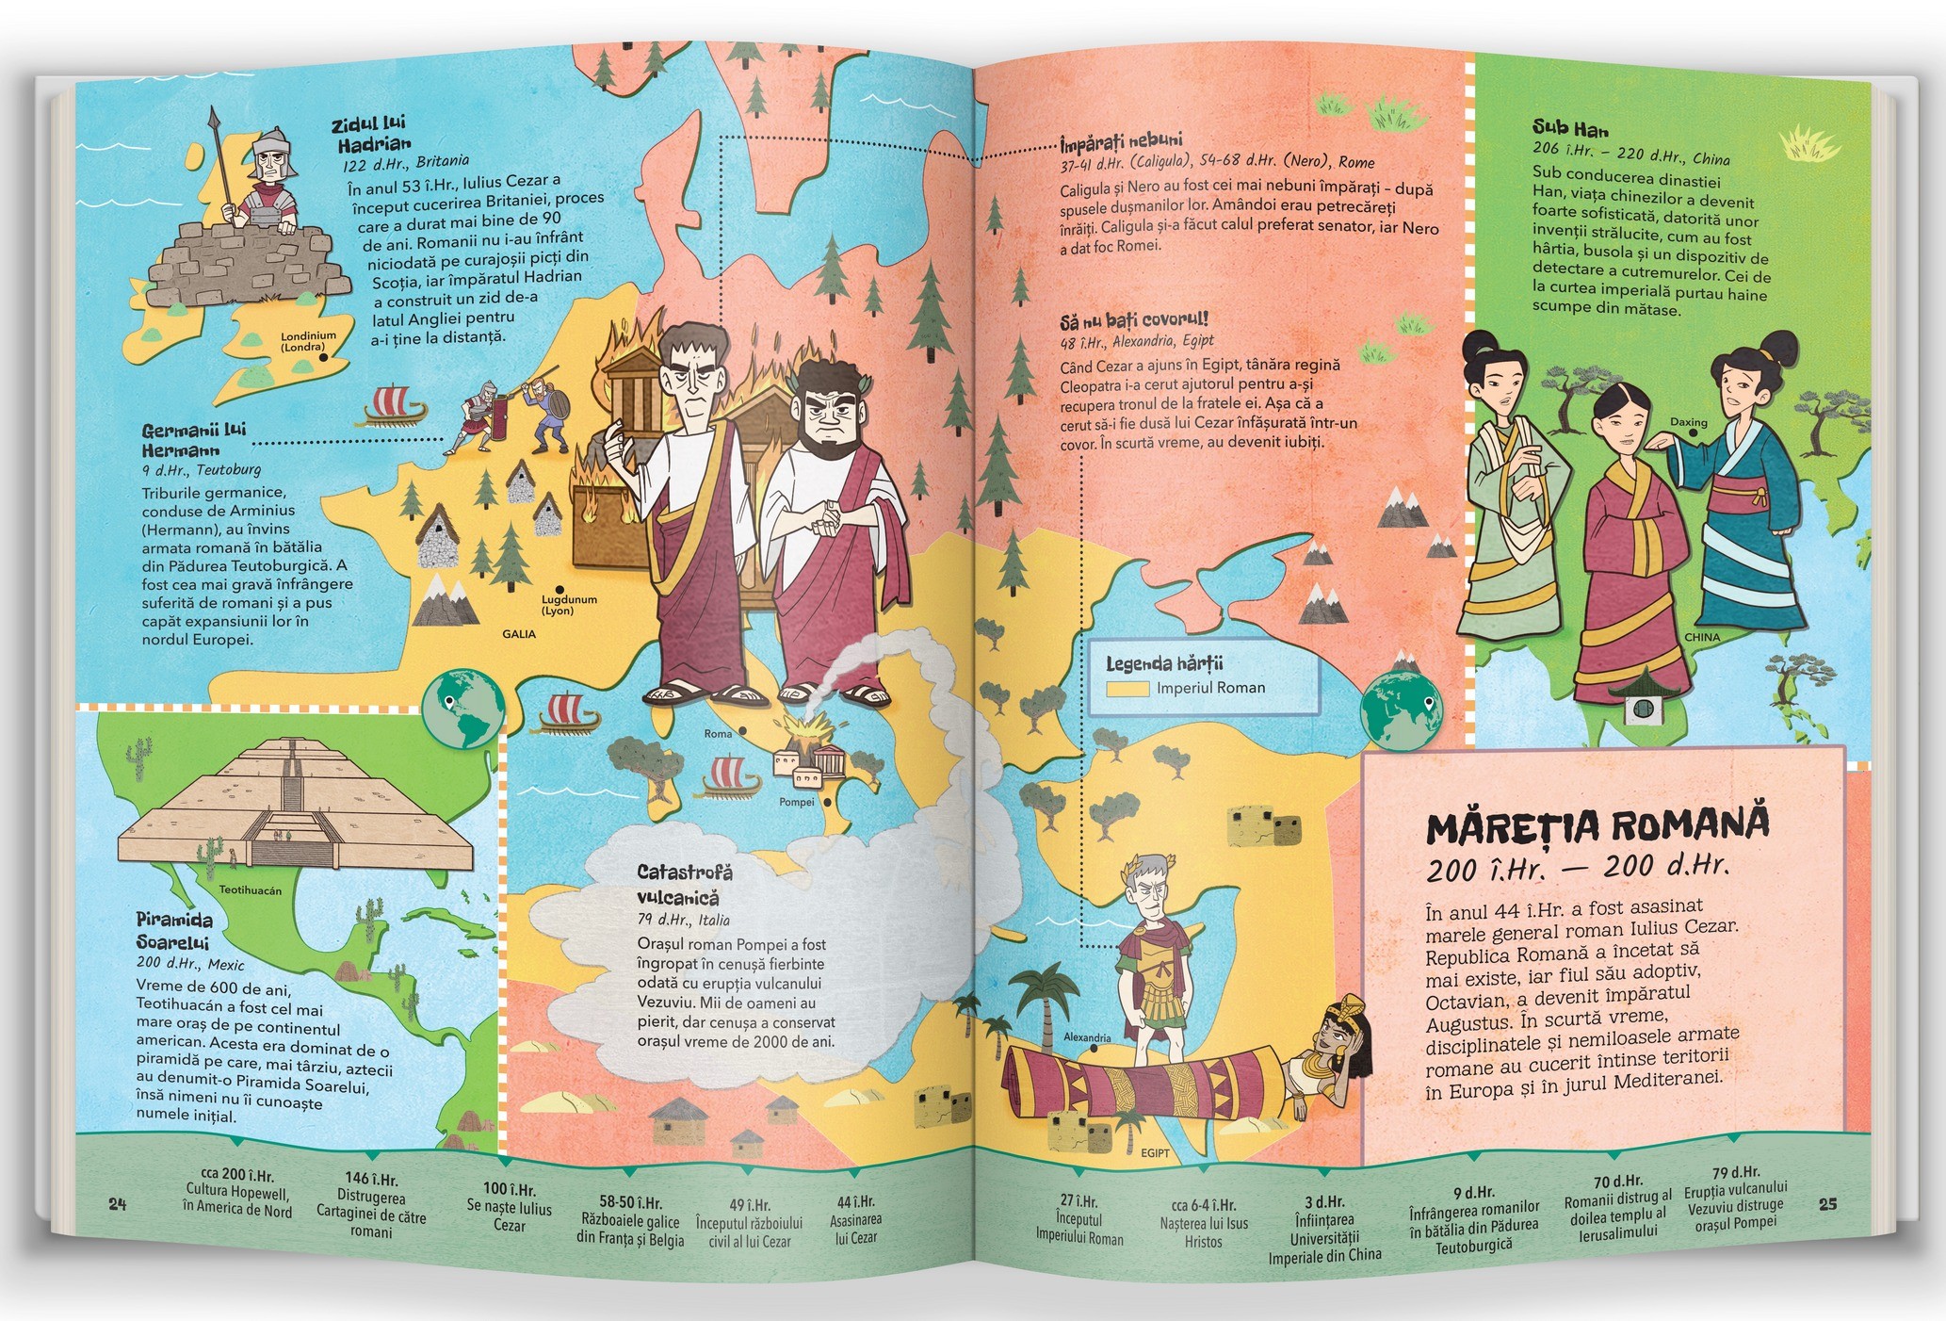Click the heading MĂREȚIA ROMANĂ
tap(1597, 825)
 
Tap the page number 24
tap(117, 1203)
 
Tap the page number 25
tap(1827, 1203)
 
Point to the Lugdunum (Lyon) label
tap(569, 605)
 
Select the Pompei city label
tap(797, 802)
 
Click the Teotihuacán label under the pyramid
tap(250, 889)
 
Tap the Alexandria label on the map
tap(1087, 1037)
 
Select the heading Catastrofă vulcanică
tap(683, 885)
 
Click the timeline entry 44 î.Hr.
tap(855, 1201)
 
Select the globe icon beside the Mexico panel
tap(462, 707)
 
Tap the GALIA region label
tap(519, 634)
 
